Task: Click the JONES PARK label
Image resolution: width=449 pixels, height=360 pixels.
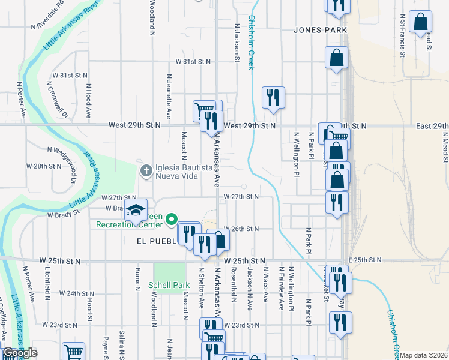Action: click(321, 29)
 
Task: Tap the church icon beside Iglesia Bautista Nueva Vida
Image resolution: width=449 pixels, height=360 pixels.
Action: click(145, 171)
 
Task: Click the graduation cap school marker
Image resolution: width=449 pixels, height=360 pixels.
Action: click(136, 210)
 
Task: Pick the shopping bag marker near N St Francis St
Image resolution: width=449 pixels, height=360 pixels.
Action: click(421, 22)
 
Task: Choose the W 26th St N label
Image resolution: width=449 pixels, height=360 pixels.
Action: click(241, 229)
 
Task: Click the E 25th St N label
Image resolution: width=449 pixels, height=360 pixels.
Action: click(364, 260)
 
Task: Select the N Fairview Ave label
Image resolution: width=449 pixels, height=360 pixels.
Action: click(280, 288)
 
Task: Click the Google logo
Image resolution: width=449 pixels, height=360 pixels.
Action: click(20, 353)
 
